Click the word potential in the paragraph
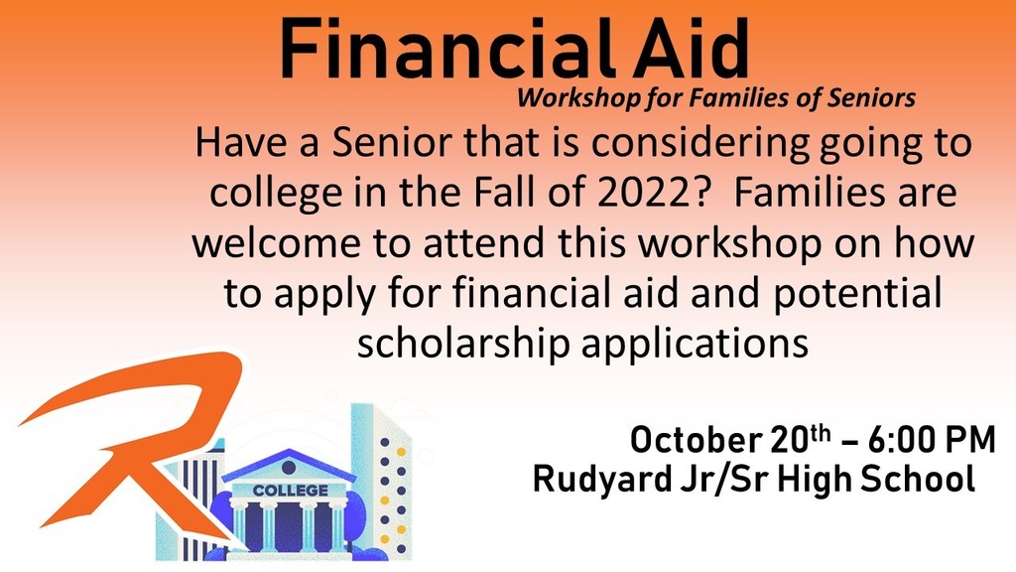click(x=857, y=294)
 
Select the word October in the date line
click(x=697, y=440)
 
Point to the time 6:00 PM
click(x=931, y=440)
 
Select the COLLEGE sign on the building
click(x=290, y=491)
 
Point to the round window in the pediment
click(x=289, y=467)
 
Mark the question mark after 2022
click(x=702, y=192)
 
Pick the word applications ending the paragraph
click(x=695, y=345)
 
